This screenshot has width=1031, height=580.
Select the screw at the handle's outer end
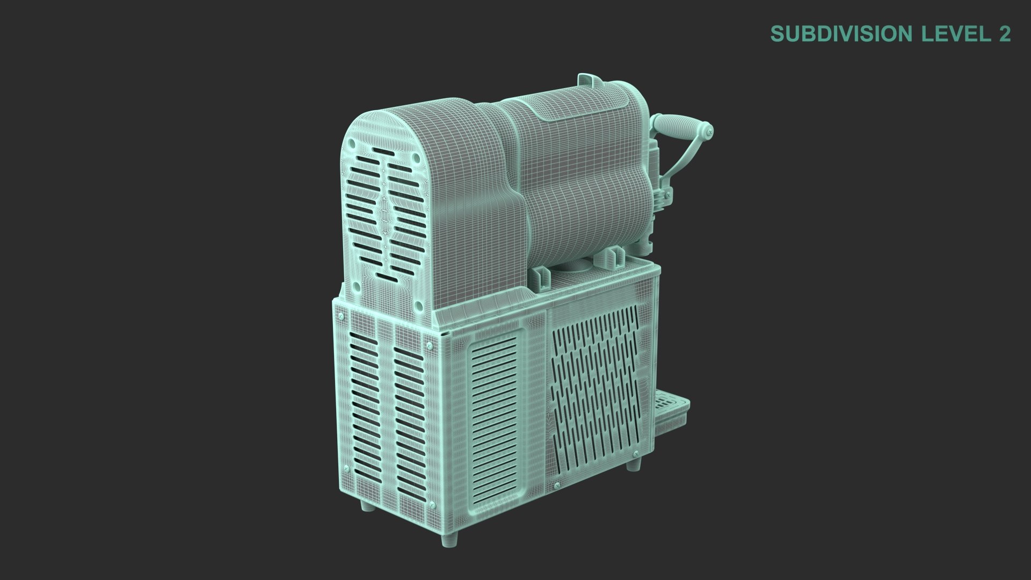click(710, 129)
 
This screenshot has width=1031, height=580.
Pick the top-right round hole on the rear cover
click(416, 158)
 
